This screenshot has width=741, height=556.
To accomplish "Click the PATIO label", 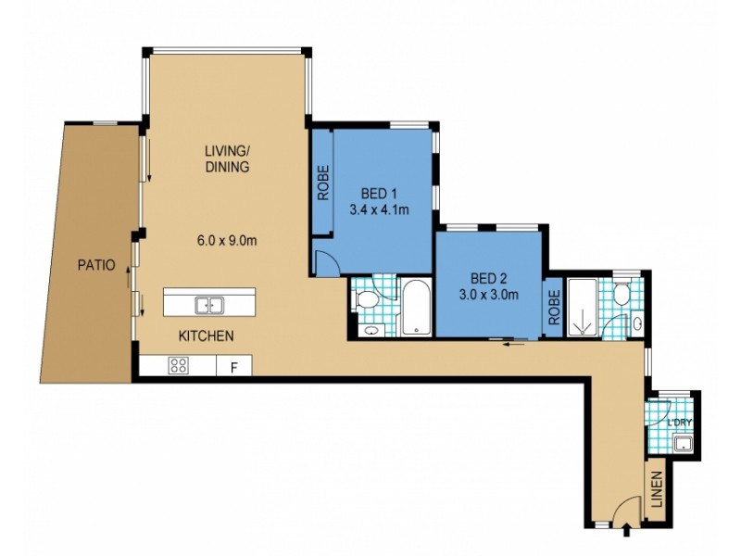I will coord(96,265).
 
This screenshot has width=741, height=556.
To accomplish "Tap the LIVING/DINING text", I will coord(227,158).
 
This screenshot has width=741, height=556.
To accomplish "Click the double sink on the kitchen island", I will coord(208,304).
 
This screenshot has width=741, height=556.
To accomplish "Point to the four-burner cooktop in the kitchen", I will coord(177,365).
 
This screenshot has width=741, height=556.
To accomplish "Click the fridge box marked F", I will coord(233,366).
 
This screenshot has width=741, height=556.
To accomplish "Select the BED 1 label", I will coord(378,195).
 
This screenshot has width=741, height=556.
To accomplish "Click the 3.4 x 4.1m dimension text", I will coord(378,210).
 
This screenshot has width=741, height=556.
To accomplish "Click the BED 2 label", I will coord(489,279).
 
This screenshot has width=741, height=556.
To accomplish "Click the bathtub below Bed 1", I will coord(415,308).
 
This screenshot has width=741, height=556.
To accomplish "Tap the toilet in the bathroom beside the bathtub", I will coord(368,299).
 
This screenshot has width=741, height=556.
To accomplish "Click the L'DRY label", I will coord(681,423).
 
